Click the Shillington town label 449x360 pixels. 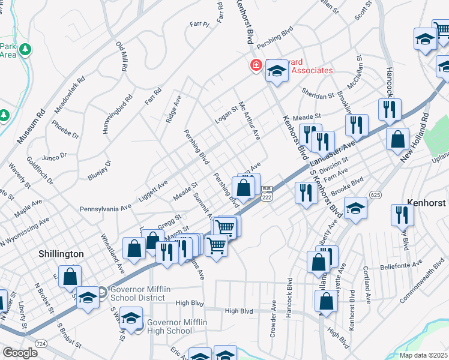(x=61, y=254)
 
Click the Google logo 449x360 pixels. (x=20, y=353)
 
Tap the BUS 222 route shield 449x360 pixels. (x=267, y=193)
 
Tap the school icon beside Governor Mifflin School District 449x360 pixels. (x=88, y=297)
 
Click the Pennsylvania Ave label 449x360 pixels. (x=106, y=208)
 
